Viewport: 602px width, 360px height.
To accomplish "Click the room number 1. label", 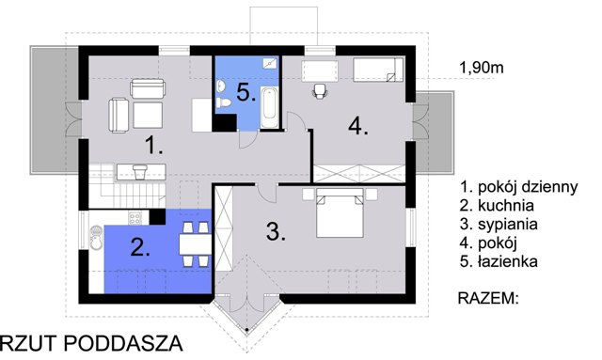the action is pos(153,146).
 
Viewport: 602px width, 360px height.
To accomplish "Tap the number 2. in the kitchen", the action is pos(140,247).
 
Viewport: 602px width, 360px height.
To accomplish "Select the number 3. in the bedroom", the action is pos(276,231).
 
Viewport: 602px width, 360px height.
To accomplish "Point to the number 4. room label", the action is pos(357,126).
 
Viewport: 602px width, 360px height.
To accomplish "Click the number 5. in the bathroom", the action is pos(246,92).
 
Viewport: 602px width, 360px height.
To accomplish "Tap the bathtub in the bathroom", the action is pos(269,107).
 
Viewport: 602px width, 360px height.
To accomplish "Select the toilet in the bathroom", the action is pos(223,102).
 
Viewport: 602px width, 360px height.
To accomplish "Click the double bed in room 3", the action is pos(340,213).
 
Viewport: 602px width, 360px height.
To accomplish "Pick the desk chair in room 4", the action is pos(320,91).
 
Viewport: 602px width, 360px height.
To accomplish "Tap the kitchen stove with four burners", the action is pos(135,218).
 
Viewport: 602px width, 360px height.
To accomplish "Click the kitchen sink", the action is pos(96,239).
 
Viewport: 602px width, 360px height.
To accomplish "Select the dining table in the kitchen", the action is pos(195,244).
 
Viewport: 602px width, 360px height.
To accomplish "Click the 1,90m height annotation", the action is pos(482,68).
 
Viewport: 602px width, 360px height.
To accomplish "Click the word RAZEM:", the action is pos(488,298).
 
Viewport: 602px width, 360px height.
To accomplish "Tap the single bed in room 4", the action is pos(378,70).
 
